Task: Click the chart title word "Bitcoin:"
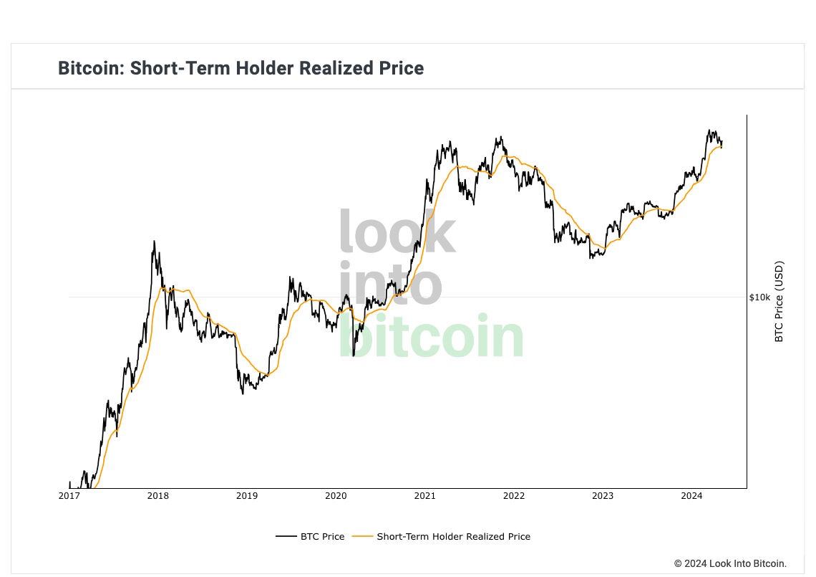[x=91, y=68]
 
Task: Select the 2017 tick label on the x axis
[x=69, y=495]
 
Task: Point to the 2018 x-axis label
[x=158, y=495]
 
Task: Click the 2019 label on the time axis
[x=247, y=495]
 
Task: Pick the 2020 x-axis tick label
[x=336, y=495]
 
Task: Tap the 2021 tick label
[x=425, y=495]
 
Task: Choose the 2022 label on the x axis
[x=514, y=495]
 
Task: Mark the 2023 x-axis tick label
[x=603, y=495]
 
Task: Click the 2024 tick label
[x=691, y=495]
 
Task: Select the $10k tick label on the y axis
[x=760, y=297]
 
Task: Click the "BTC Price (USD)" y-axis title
[x=779, y=301]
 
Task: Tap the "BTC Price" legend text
[x=322, y=536]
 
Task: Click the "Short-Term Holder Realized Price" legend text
[x=454, y=536]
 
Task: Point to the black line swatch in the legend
[x=286, y=536]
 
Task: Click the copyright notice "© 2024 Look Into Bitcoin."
[x=730, y=563]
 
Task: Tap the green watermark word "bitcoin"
[x=431, y=336]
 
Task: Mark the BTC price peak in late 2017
[x=154, y=242]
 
